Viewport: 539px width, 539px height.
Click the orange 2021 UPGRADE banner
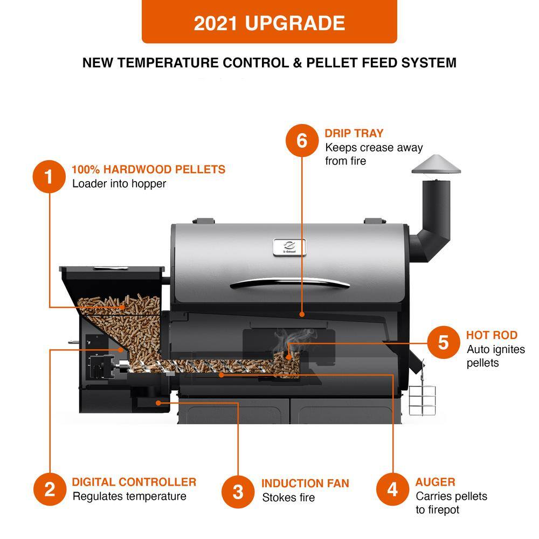point(269,22)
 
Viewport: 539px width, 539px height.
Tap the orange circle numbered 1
point(49,176)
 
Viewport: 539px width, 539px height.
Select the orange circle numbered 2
point(49,489)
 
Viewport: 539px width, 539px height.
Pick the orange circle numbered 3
point(238,492)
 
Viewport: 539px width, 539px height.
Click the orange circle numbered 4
point(392,489)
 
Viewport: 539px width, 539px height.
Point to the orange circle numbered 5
point(443,342)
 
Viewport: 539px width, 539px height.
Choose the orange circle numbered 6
point(301,141)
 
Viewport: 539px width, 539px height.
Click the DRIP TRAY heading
point(354,133)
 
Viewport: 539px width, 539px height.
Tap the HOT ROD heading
point(492,335)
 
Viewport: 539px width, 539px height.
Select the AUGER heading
point(435,482)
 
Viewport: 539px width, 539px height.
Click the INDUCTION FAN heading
point(305,483)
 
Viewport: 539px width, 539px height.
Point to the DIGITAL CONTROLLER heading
point(134,482)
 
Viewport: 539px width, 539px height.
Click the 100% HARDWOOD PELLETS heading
point(148,169)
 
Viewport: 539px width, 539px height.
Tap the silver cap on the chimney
point(437,164)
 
